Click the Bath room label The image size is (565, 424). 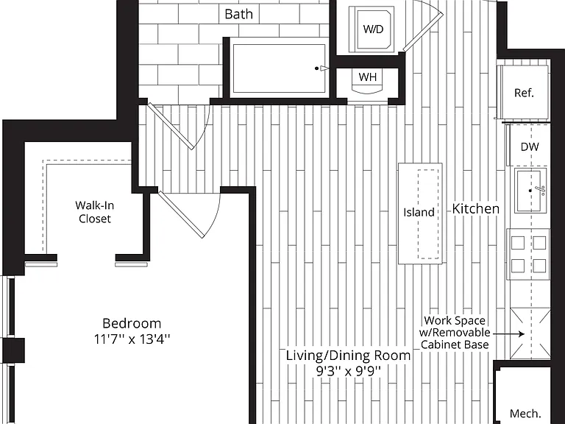click(238, 14)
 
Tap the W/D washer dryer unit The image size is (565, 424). click(373, 29)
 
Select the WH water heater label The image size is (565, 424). click(368, 77)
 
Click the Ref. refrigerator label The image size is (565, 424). click(524, 93)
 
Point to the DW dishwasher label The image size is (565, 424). click(530, 146)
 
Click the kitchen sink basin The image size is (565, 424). click(530, 190)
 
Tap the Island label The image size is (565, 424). click(419, 212)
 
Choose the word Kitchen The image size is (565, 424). click(476, 209)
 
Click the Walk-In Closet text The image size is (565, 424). click(94, 212)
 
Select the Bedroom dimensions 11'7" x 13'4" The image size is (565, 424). click(132, 339)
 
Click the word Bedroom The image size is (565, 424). click(132, 323)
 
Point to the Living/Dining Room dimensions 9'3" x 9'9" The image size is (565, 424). click(349, 371)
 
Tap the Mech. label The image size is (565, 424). click(525, 413)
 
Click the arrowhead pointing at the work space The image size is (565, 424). click(522, 334)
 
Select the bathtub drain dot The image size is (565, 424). click(317, 68)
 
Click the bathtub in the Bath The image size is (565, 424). click(279, 68)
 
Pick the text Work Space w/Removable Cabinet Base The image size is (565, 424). click(455, 333)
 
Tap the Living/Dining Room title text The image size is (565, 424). click(349, 356)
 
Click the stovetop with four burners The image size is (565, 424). click(529, 254)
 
